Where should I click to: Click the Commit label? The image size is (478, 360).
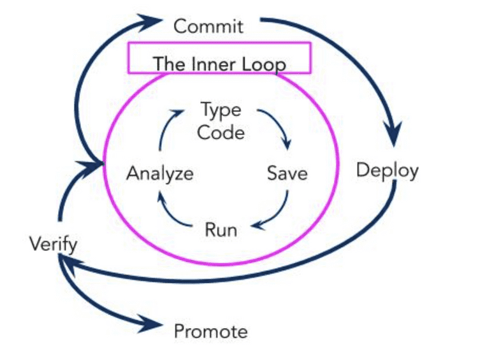click(208, 26)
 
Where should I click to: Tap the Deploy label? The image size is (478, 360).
click(387, 170)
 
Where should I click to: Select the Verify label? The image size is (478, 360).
click(54, 243)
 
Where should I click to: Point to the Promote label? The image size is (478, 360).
click(210, 331)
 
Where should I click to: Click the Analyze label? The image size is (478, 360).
click(159, 173)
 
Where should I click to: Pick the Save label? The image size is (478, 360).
click(287, 173)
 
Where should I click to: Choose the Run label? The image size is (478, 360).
click(221, 229)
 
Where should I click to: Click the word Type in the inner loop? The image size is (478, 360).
click(221, 110)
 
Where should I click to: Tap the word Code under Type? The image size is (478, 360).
click(221, 132)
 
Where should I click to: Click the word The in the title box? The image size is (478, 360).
click(165, 64)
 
